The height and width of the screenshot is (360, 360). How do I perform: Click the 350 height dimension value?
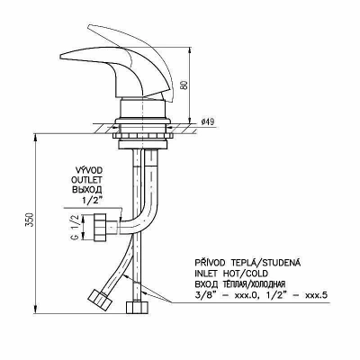coord(30,220)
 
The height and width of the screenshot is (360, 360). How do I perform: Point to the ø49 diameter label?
coord(208,121)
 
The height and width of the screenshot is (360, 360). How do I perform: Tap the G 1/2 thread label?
coord(76,227)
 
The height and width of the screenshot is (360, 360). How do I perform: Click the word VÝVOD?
coord(89,170)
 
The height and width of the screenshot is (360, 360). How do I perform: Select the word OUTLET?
coord(86,180)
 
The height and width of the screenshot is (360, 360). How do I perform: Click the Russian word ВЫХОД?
coord(87,190)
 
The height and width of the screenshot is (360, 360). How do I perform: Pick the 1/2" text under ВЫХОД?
coord(93,201)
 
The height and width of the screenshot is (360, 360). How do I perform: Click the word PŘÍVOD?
coord(211,263)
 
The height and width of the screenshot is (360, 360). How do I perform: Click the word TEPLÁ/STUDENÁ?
coord(265,263)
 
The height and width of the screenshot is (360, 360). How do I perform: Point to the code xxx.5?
coord(316,295)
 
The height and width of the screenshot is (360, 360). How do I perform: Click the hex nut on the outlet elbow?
coord(100,227)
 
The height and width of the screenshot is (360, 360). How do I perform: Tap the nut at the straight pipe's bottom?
coord(137,308)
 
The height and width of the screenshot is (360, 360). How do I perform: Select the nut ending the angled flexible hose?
coord(99,299)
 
